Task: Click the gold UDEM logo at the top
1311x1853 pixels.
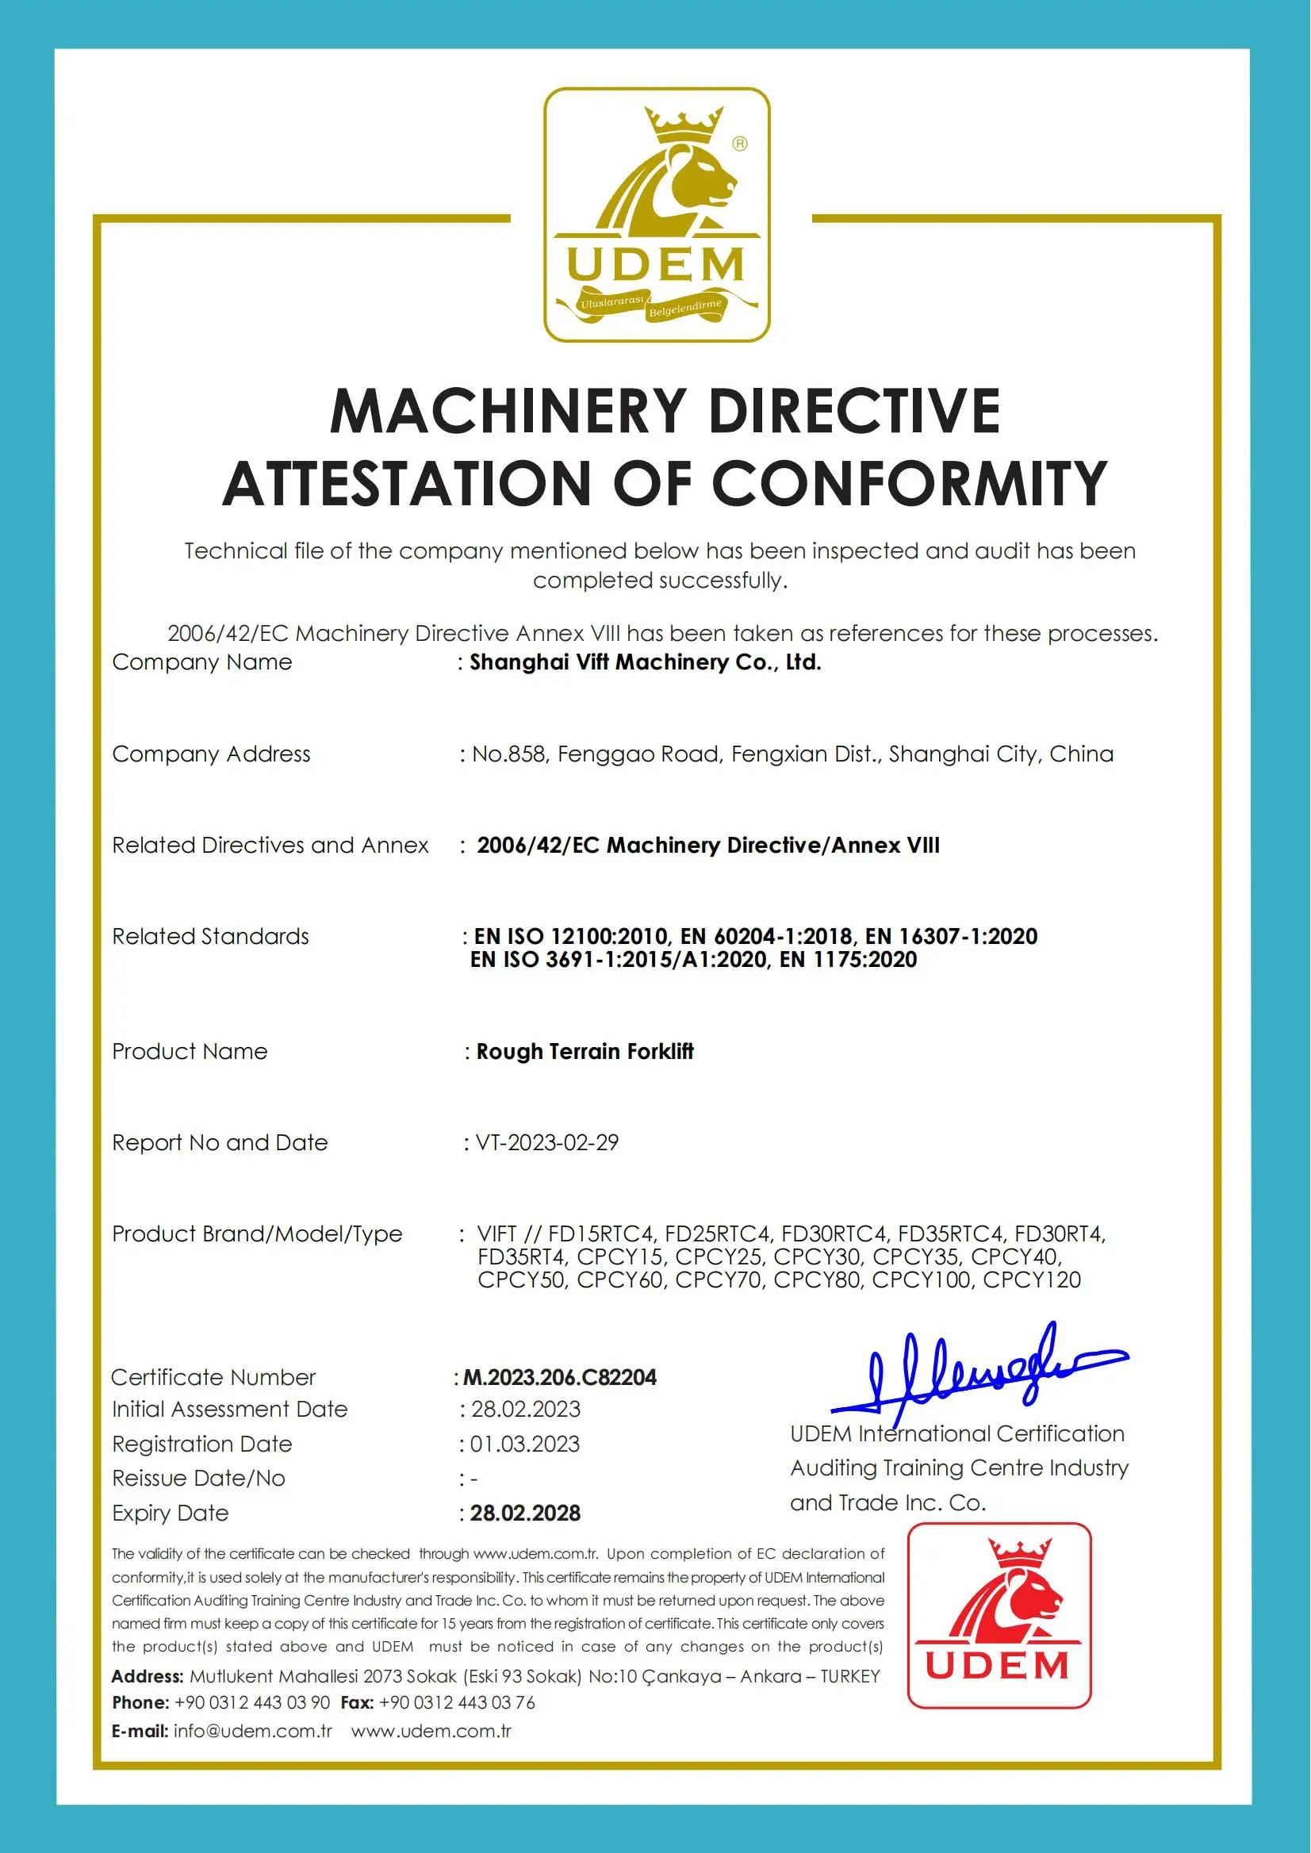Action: pos(657,214)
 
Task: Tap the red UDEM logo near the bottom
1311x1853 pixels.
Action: pos(999,1615)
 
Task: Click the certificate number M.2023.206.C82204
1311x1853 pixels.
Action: pos(559,1376)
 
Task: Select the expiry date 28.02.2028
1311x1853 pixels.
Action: pos(525,1512)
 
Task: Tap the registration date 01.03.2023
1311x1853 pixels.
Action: pos(525,1444)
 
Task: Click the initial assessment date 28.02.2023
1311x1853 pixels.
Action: pos(526,1409)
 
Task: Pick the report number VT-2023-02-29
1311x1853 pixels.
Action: pos(546,1142)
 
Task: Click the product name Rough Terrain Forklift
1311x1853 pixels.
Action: pos(585,1051)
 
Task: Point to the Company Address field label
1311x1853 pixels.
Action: pos(211,754)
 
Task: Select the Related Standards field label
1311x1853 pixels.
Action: pos(210,937)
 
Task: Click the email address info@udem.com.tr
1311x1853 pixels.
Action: pos(253,1730)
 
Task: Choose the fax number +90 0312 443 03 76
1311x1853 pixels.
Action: pos(456,1702)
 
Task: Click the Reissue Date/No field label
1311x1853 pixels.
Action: pos(198,1478)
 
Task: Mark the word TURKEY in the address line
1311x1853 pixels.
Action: pos(849,1676)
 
